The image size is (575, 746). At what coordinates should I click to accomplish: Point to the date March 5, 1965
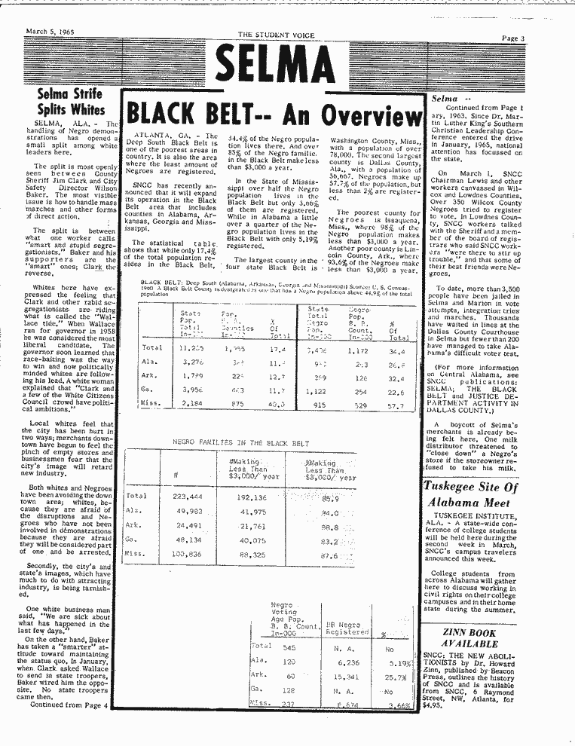(x=51, y=32)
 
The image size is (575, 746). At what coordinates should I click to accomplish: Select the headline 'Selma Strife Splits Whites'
(x=72, y=102)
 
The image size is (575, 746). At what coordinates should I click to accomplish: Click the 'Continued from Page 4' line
(x=69, y=705)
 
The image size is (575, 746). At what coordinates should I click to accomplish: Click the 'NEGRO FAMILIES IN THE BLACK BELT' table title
(x=241, y=443)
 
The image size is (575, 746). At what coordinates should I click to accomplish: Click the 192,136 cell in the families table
(x=253, y=497)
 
